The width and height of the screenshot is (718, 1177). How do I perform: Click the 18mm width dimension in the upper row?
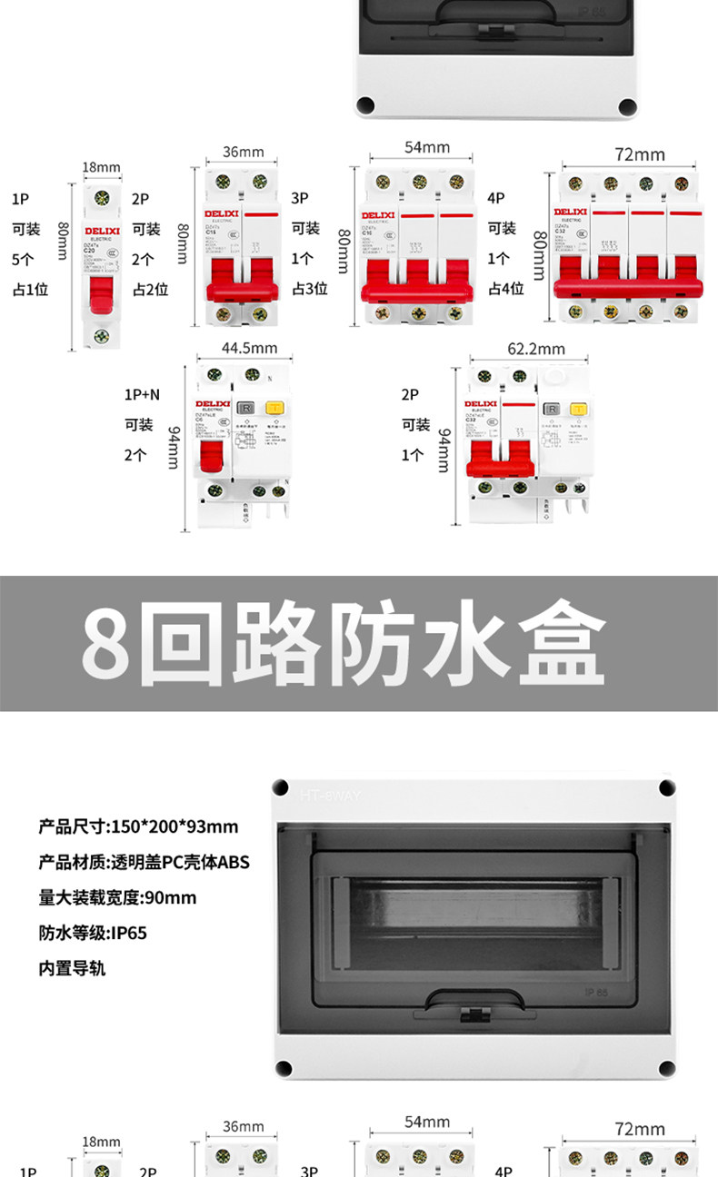click(x=101, y=167)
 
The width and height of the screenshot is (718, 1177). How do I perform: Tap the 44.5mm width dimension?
click(x=249, y=348)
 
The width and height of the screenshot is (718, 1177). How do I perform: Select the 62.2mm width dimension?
click(x=535, y=348)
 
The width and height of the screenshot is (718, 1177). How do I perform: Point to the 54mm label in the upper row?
click(x=426, y=147)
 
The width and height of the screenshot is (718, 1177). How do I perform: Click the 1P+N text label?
click(x=142, y=395)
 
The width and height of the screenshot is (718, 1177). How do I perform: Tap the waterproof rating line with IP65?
click(x=93, y=933)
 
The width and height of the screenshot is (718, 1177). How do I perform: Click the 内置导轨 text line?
click(x=72, y=968)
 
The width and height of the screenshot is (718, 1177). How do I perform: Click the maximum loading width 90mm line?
click(x=117, y=897)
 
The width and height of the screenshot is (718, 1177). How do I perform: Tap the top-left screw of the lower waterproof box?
click(x=282, y=786)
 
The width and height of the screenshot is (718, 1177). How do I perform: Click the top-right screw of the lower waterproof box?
click(x=666, y=786)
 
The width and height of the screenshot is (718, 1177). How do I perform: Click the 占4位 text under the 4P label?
click(x=505, y=290)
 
